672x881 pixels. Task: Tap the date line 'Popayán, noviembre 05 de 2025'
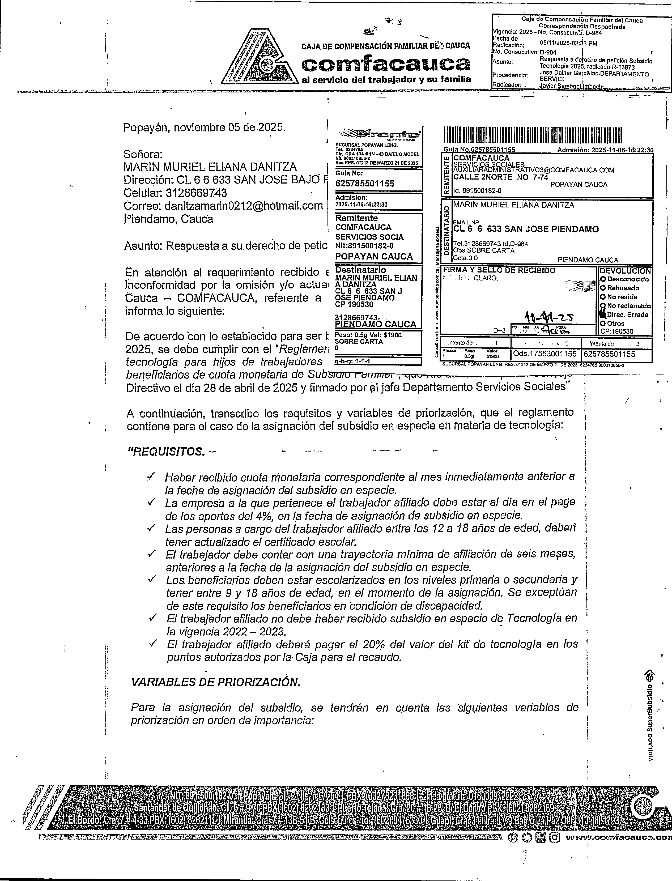[x=204, y=127]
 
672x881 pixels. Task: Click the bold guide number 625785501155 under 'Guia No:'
[x=364, y=184]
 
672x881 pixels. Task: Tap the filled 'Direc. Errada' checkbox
[x=603, y=314]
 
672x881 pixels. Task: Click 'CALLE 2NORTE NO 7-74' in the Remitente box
[x=500, y=177]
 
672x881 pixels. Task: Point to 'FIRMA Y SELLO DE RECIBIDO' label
[x=499, y=271]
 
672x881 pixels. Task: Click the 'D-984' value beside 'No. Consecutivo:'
[x=548, y=52]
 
